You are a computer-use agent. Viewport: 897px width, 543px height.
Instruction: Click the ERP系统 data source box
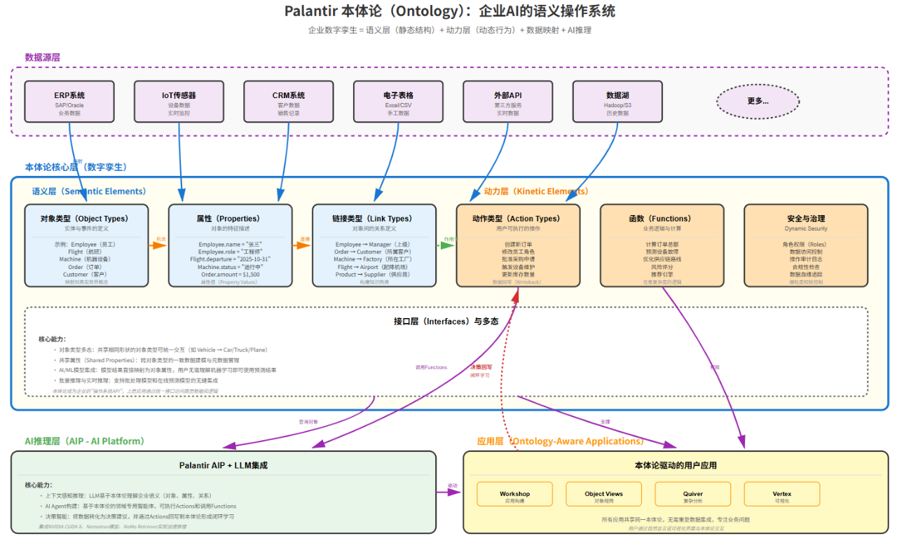click(x=69, y=101)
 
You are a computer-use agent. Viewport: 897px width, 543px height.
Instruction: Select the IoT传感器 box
click(x=179, y=101)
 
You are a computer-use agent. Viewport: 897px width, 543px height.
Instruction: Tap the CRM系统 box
click(x=289, y=101)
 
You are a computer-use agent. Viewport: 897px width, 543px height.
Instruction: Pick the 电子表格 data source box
click(x=398, y=101)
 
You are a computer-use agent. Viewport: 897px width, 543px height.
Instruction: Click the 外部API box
click(x=507, y=101)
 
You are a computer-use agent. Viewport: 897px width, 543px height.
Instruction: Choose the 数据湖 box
click(x=617, y=101)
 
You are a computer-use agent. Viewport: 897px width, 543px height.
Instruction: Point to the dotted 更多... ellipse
click(x=758, y=101)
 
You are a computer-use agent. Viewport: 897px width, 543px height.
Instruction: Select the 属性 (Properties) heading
click(x=230, y=219)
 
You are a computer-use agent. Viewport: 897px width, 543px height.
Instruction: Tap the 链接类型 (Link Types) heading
click(x=374, y=219)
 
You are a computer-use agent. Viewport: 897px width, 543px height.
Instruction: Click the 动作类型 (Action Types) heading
click(x=518, y=219)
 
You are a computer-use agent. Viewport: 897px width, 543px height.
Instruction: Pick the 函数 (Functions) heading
click(x=662, y=219)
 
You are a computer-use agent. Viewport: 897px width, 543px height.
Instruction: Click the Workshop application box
click(x=514, y=494)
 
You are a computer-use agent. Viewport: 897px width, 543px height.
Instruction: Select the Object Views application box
click(x=603, y=494)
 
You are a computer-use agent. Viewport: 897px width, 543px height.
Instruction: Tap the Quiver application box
click(x=693, y=494)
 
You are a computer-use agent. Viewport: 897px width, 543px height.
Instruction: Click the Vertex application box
click(x=782, y=494)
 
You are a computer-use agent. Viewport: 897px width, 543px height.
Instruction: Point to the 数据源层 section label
click(x=43, y=57)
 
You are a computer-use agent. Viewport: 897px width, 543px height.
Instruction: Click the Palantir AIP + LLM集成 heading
click(x=224, y=465)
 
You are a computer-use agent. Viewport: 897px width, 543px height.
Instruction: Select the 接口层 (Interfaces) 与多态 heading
click(x=446, y=322)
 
